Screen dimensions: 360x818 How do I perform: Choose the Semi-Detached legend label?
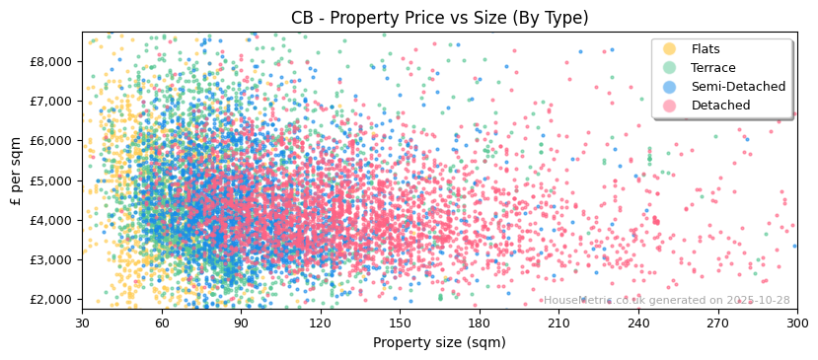coord(738,87)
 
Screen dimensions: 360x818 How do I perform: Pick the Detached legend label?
coord(720,106)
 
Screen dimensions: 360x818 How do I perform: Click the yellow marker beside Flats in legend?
coord(670,49)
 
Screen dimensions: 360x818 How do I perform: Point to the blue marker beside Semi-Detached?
coord(670,87)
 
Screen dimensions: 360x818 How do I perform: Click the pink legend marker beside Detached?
coord(670,106)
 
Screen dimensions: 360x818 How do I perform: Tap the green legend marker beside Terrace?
coord(670,68)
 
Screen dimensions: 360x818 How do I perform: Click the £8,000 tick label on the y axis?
coord(51,61)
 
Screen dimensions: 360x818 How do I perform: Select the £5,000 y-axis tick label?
coord(51,180)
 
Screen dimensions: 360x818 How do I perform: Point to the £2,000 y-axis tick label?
coord(51,300)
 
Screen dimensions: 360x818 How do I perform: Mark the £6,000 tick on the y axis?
coord(51,141)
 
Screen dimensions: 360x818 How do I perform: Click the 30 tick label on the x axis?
coord(82,324)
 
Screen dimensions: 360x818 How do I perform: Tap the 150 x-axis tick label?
coord(400,324)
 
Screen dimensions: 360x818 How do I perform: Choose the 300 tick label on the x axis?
coord(796,324)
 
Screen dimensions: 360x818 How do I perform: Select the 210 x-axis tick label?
coord(558,324)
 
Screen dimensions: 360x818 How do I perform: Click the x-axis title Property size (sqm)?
coord(439,343)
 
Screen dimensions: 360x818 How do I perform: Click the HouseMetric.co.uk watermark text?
coord(667,301)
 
